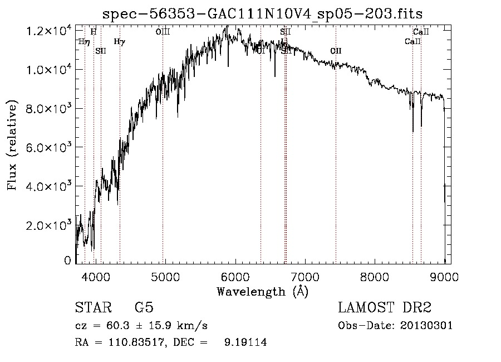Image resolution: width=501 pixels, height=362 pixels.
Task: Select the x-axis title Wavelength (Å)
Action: tap(262, 291)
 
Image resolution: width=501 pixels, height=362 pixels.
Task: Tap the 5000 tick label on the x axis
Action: tap(165, 276)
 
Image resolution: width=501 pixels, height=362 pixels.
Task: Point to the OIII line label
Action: tap(163, 32)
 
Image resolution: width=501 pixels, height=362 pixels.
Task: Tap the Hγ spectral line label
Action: tap(119, 41)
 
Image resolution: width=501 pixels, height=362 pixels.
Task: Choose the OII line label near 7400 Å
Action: tap(336, 51)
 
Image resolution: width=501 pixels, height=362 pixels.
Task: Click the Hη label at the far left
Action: tap(83, 41)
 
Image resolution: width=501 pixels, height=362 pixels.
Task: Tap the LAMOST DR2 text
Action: tap(385, 308)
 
